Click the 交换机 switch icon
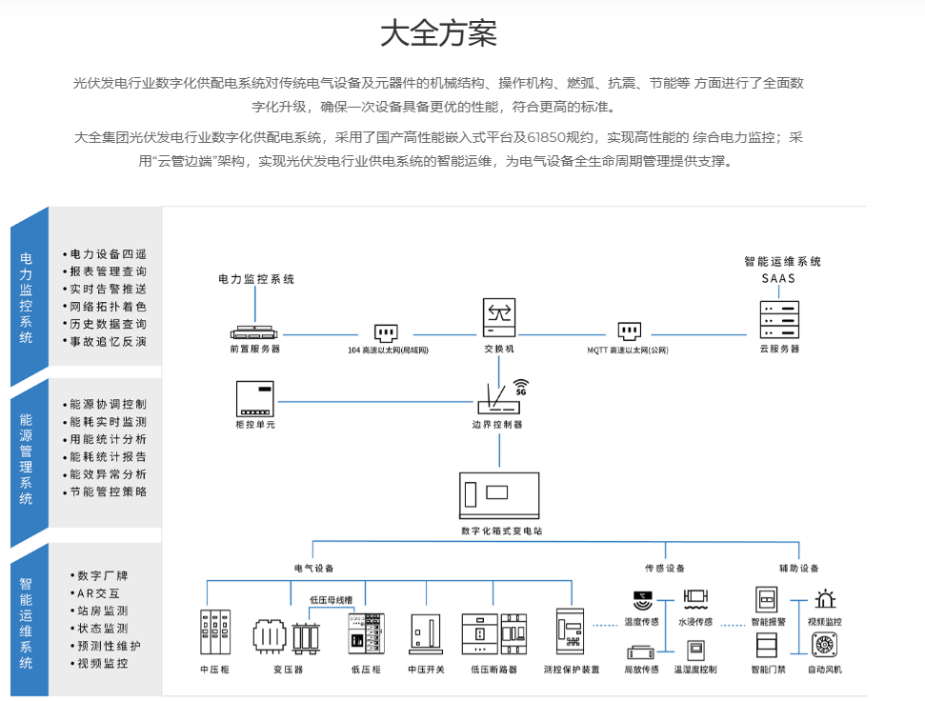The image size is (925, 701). [x=498, y=317]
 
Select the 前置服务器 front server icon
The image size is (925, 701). [x=255, y=332]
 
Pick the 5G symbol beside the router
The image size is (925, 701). [x=520, y=390]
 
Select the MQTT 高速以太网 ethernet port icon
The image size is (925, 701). [x=628, y=332]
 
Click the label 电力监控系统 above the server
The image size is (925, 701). [x=256, y=279]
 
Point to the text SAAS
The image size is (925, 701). [x=777, y=279]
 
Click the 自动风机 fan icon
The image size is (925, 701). [x=824, y=645]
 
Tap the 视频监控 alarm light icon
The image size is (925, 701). [x=824, y=600]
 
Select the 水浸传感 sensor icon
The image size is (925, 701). [x=694, y=600]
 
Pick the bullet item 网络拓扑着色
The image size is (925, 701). [x=108, y=307]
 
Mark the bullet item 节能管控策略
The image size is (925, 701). [x=108, y=492]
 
